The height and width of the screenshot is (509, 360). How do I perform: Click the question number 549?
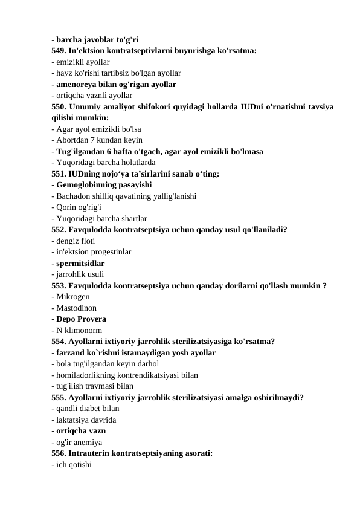pyautogui.click(x=59, y=51)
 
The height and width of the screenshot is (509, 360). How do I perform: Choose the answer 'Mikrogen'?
pyautogui.click(x=73, y=297)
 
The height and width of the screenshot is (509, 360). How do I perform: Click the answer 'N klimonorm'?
pyautogui.click(x=79, y=330)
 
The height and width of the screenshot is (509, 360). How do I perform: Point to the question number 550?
pyautogui.click(x=59, y=106)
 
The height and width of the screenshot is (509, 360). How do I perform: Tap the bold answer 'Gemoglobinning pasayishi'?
pyautogui.click(x=103, y=185)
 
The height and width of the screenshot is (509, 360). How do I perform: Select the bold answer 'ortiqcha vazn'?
pyautogui.click(x=81, y=430)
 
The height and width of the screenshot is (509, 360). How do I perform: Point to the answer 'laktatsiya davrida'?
pyautogui.click(x=86, y=420)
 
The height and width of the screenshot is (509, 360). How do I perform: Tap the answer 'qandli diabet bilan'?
pyautogui.click(x=87, y=408)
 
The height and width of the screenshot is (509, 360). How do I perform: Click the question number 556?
pyautogui.click(x=59, y=453)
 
